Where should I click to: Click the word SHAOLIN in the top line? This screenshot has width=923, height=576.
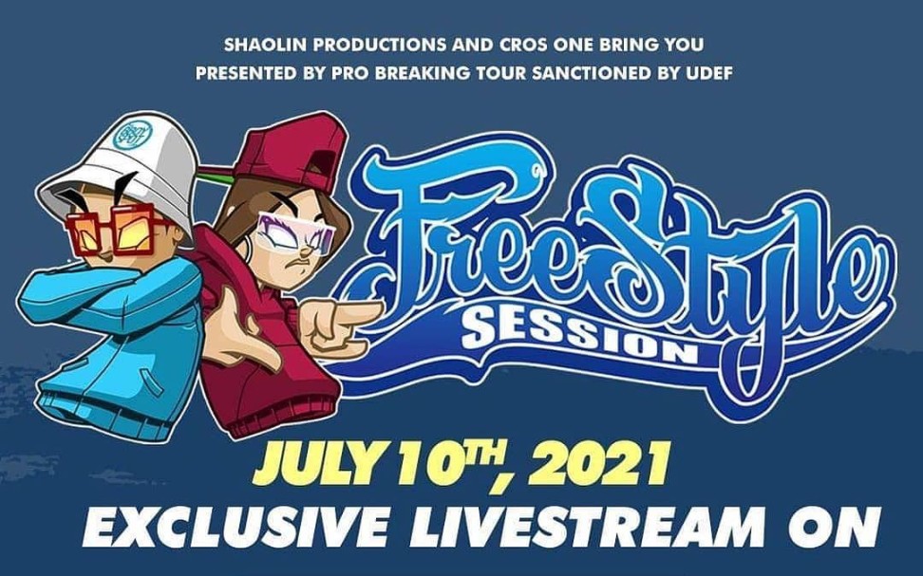257,45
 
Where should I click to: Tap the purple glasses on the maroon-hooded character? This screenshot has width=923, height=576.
293,233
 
